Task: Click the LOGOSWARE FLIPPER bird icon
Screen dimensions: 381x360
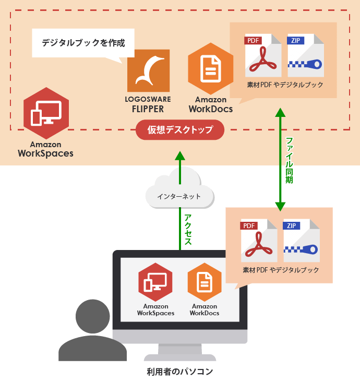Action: coord(148,70)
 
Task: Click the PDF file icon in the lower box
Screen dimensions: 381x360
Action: coord(259,241)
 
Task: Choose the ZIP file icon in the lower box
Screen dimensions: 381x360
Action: coord(302,241)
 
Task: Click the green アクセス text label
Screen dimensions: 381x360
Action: coord(188,230)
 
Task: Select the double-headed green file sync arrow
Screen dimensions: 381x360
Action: coord(281,159)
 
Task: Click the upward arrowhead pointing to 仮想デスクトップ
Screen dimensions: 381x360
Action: coord(179,156)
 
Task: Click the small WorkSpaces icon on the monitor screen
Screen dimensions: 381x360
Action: coord(155,282)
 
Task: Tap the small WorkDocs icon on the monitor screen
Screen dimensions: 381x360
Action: coord(205,282)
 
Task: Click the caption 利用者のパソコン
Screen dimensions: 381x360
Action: coord(180,372)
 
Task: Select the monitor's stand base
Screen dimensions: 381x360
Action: coord(180,358)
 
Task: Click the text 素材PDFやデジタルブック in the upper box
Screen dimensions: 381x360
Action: coord(285,85)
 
